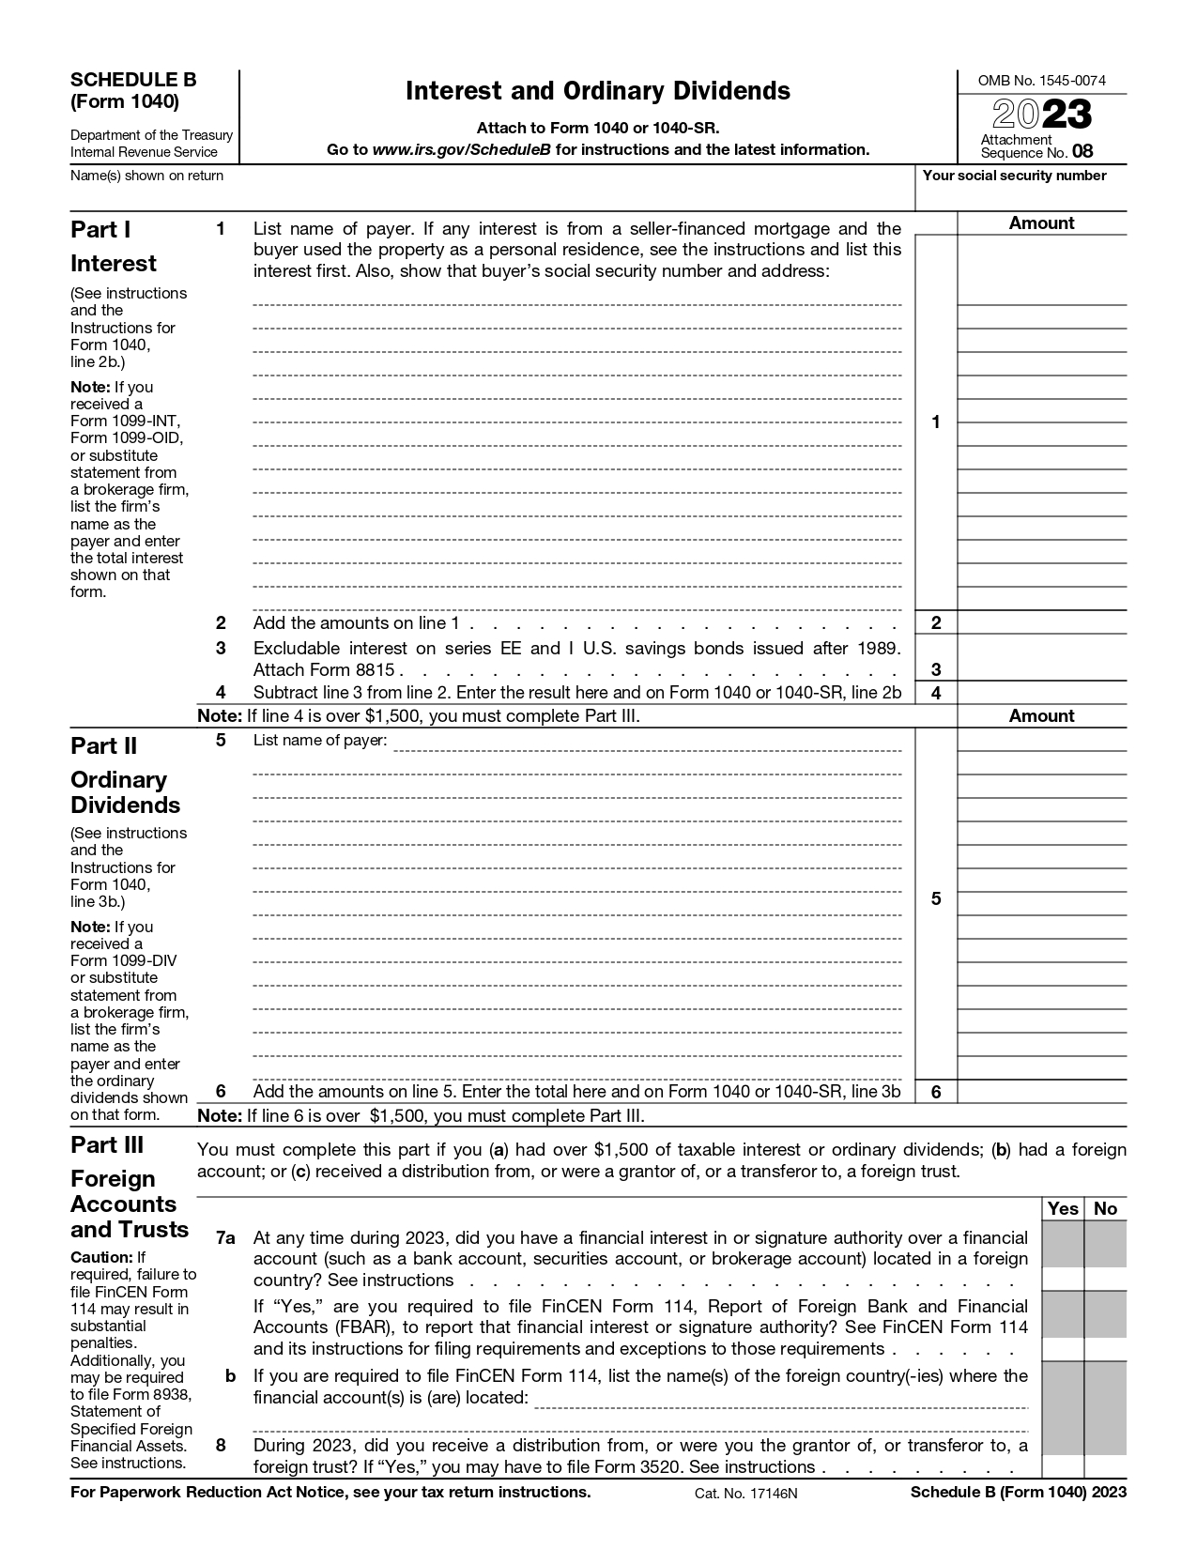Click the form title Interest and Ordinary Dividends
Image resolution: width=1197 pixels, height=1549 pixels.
598,91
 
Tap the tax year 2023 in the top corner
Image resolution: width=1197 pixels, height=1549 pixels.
1042,115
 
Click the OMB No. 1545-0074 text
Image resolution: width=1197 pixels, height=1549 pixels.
1041,81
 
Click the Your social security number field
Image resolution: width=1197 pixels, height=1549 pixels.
1021,194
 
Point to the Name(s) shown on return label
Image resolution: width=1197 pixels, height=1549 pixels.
147,176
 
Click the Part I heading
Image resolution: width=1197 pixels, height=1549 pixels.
100,230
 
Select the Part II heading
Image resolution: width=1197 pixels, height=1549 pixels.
103,746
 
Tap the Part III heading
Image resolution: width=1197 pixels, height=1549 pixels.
107,1145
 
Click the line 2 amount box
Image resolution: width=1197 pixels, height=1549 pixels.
1041,623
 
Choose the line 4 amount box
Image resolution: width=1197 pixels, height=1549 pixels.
1041,694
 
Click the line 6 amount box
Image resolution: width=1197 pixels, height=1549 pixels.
1041,1092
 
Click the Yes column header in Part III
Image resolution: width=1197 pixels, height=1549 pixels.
1063,1209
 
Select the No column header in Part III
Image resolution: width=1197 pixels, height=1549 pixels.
1106,1209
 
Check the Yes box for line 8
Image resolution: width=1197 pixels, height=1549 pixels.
1063,1467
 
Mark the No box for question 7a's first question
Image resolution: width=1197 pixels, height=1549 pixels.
1106,1280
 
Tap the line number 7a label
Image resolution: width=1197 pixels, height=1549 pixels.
224,1238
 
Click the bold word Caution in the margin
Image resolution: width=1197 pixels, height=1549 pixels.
101,1257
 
